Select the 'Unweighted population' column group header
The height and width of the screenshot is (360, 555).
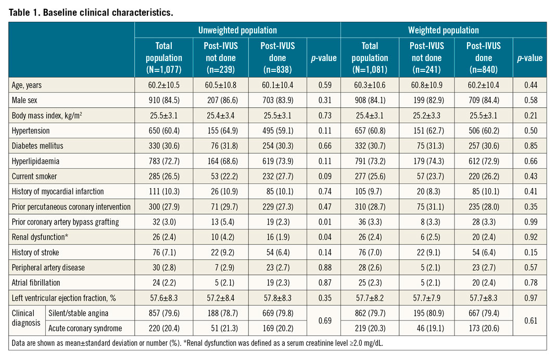coord(237,30)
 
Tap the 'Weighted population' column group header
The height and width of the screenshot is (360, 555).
coord(443,30)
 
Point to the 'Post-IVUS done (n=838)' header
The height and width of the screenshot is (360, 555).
coord(277,58)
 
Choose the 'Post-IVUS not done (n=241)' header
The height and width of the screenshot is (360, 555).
coord(426,58)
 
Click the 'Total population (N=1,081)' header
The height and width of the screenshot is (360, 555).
coord(370,58)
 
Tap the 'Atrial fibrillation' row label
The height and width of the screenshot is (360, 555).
coord(36,282)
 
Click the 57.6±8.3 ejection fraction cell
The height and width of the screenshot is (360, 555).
coord(163,297)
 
